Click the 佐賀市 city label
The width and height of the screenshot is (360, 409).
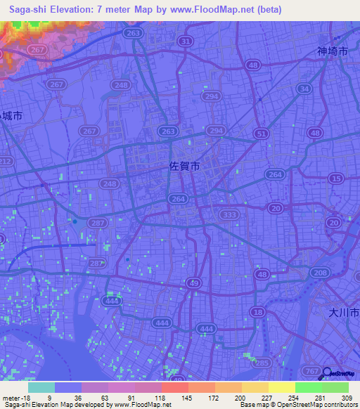point(185,167)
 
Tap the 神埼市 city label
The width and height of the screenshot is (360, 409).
point(332,51)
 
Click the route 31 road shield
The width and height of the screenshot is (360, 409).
point(186,42)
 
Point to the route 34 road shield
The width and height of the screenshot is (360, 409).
point(304,89)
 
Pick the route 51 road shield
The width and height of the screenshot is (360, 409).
point(262,134)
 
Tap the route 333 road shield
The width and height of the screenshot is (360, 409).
point(228,214)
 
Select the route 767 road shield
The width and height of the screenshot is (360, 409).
point(308,370)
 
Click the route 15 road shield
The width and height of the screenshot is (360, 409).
point(335,180)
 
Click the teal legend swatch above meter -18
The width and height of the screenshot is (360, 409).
point(41,387)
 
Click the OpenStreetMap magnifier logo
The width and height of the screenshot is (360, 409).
point(328,373)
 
